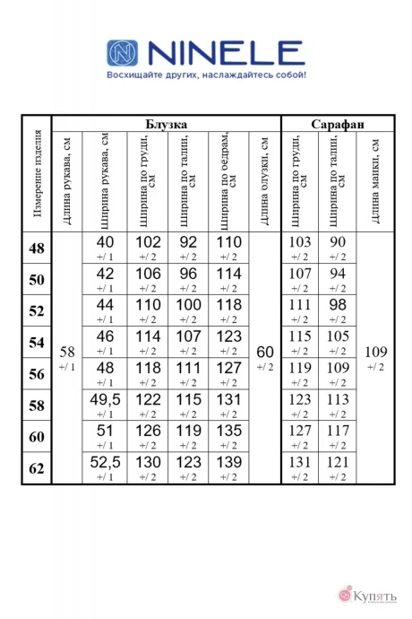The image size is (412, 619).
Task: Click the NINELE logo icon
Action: tap(124, 53)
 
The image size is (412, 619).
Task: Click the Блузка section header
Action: tap(166, 124)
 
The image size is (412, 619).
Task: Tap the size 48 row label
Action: tap(38, 248)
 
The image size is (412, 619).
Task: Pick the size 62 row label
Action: tap(38, 467)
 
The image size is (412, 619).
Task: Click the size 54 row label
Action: tap(38, 343)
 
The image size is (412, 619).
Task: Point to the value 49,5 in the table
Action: tap(106, 399)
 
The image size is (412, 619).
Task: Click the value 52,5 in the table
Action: tap(106, 462)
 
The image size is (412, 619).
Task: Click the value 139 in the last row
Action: tap(229, 462)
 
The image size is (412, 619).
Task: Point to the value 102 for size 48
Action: tap(147, 242)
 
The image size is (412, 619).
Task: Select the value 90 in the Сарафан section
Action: tap(338, 242)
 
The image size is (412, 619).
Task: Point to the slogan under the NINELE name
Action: tap(205, 76)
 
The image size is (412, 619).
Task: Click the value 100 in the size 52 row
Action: tap(188, 305)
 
